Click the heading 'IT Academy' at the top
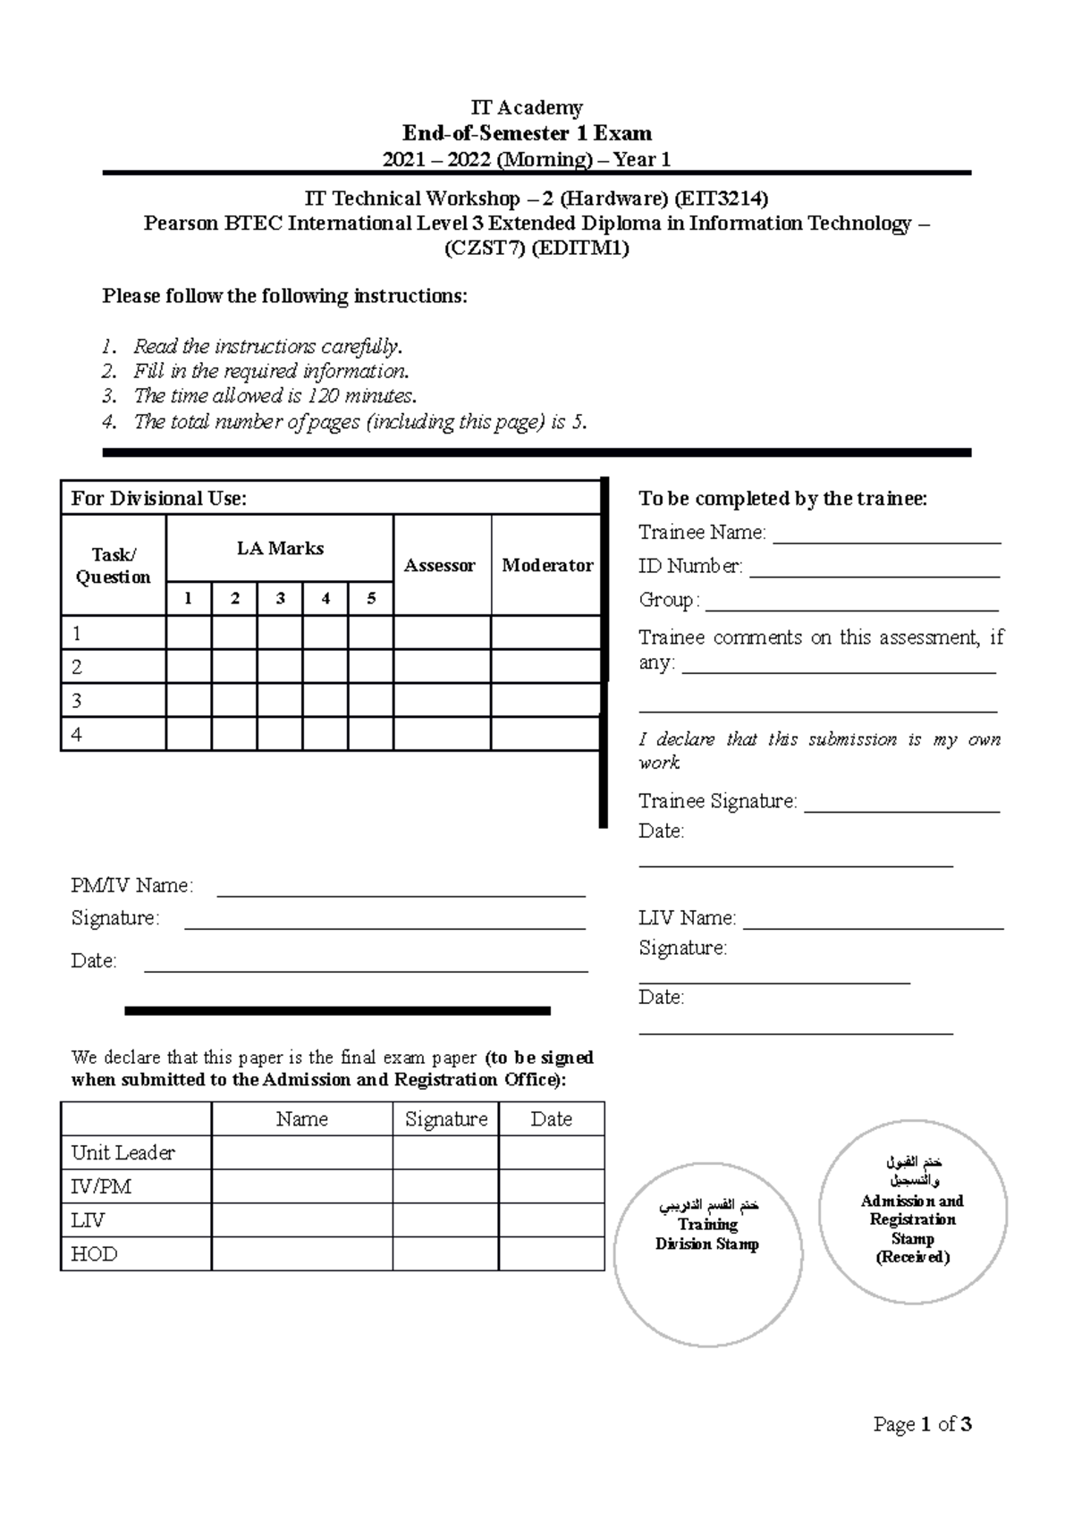527,108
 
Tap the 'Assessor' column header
439,565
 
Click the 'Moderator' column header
546,565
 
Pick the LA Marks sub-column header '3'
280,599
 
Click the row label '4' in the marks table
77,735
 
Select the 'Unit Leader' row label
123,1153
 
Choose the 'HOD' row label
94,1254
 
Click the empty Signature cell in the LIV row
445,1220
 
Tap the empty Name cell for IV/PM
301,1186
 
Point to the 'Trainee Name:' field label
702,533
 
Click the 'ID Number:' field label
689,566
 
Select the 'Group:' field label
668,600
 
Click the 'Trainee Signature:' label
717,801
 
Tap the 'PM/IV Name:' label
131,886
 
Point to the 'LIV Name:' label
687,918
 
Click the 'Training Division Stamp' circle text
707,1234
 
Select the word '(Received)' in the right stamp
912,1258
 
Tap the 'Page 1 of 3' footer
922,1424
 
